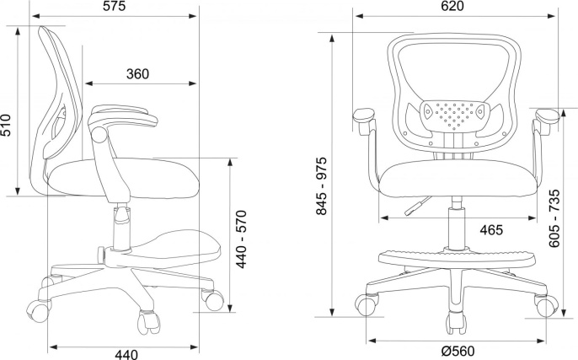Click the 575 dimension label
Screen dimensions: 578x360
[x=114, y=6]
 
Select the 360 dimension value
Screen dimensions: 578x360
[x=138, y=74]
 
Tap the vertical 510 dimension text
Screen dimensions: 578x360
[x=6, y=125]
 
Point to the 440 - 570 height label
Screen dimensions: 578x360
[x=241, y=239]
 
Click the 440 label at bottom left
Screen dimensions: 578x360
[x=126, y=354]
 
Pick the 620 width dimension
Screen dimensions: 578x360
[x=452, y=6]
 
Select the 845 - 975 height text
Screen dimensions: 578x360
[x=322, y=185]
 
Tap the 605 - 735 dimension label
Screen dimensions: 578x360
[x=554, y=218]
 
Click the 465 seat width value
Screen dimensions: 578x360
[x=491, y=230]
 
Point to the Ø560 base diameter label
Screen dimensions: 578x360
[x=458, y=351]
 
